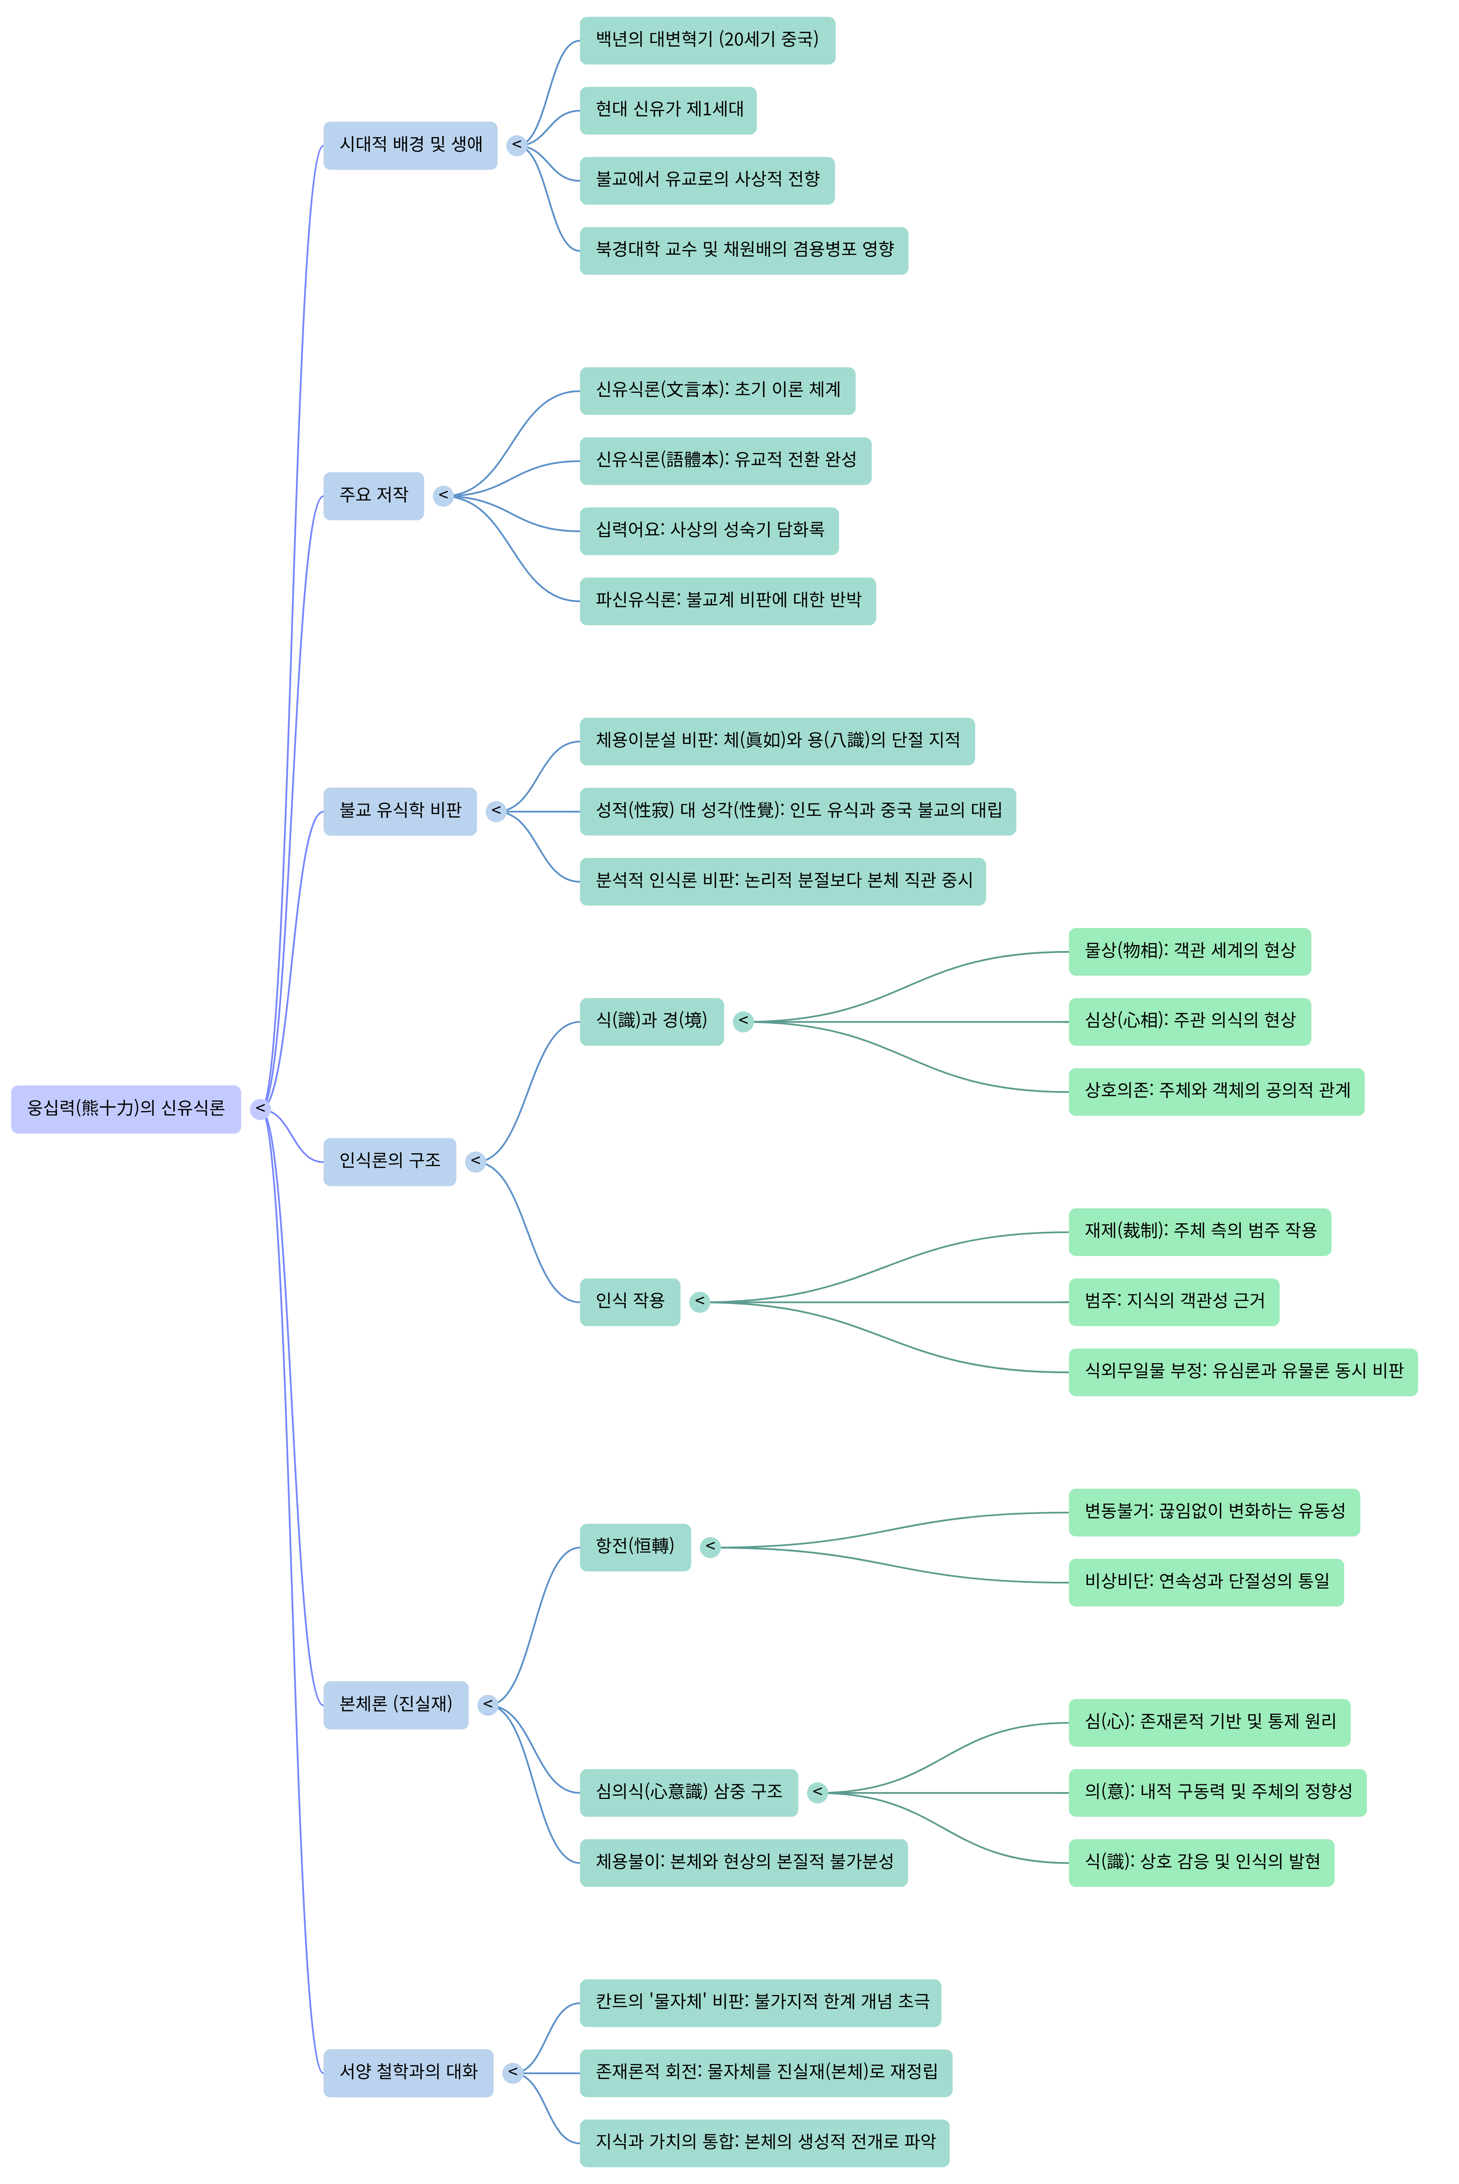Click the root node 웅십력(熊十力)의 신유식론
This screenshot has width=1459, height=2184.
click(126, 1109)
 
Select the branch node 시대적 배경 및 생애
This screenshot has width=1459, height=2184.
click(410, 145)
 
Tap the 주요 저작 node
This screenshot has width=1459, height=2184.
click(373, 496)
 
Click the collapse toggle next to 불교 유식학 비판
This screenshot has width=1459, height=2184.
click(496, 811)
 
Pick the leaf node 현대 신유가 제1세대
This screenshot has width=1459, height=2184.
click(668, 111)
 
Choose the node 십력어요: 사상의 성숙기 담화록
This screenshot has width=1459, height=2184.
click(709, 531)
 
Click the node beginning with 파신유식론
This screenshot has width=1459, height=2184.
click(728, 601)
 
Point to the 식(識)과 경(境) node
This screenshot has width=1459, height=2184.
click(651, 1021)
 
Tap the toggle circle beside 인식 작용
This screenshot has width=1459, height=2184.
click(700, 1302)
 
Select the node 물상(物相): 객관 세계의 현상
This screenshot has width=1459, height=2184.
click(1189, 951)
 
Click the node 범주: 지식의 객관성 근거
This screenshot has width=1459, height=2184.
click(1173, 1302)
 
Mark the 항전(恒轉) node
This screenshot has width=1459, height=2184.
click(634, 1547)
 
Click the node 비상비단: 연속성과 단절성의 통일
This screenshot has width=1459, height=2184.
click(1206, 1582)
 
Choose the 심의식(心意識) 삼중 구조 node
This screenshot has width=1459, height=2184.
click(689, 1792)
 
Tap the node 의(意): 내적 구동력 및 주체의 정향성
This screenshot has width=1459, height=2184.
click(1217, 1792)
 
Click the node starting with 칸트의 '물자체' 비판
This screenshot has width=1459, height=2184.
click(760, 2002)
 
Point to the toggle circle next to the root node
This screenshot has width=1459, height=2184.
click(261, 1109)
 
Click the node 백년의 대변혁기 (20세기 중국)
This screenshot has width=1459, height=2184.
click(707, 40)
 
